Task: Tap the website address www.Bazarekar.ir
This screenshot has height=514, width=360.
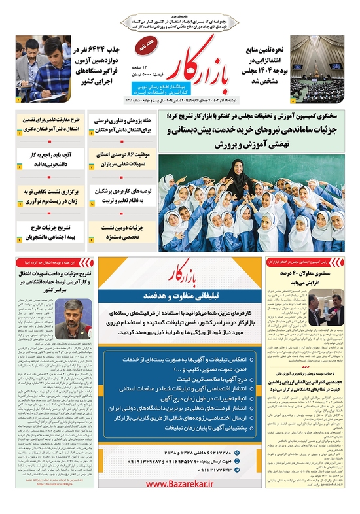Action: coord(180,502)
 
